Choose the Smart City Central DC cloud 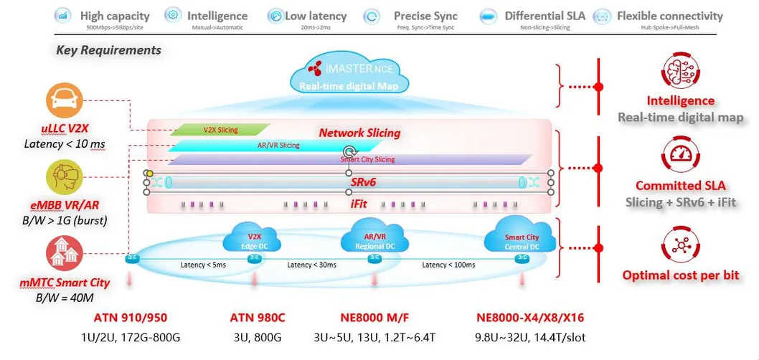coord(522,237)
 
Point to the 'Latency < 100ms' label coord(448,265)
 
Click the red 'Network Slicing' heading coord(359,133)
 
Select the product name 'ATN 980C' coord(258,316)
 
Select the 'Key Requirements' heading coord(108,50)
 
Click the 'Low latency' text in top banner coord(316,16)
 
